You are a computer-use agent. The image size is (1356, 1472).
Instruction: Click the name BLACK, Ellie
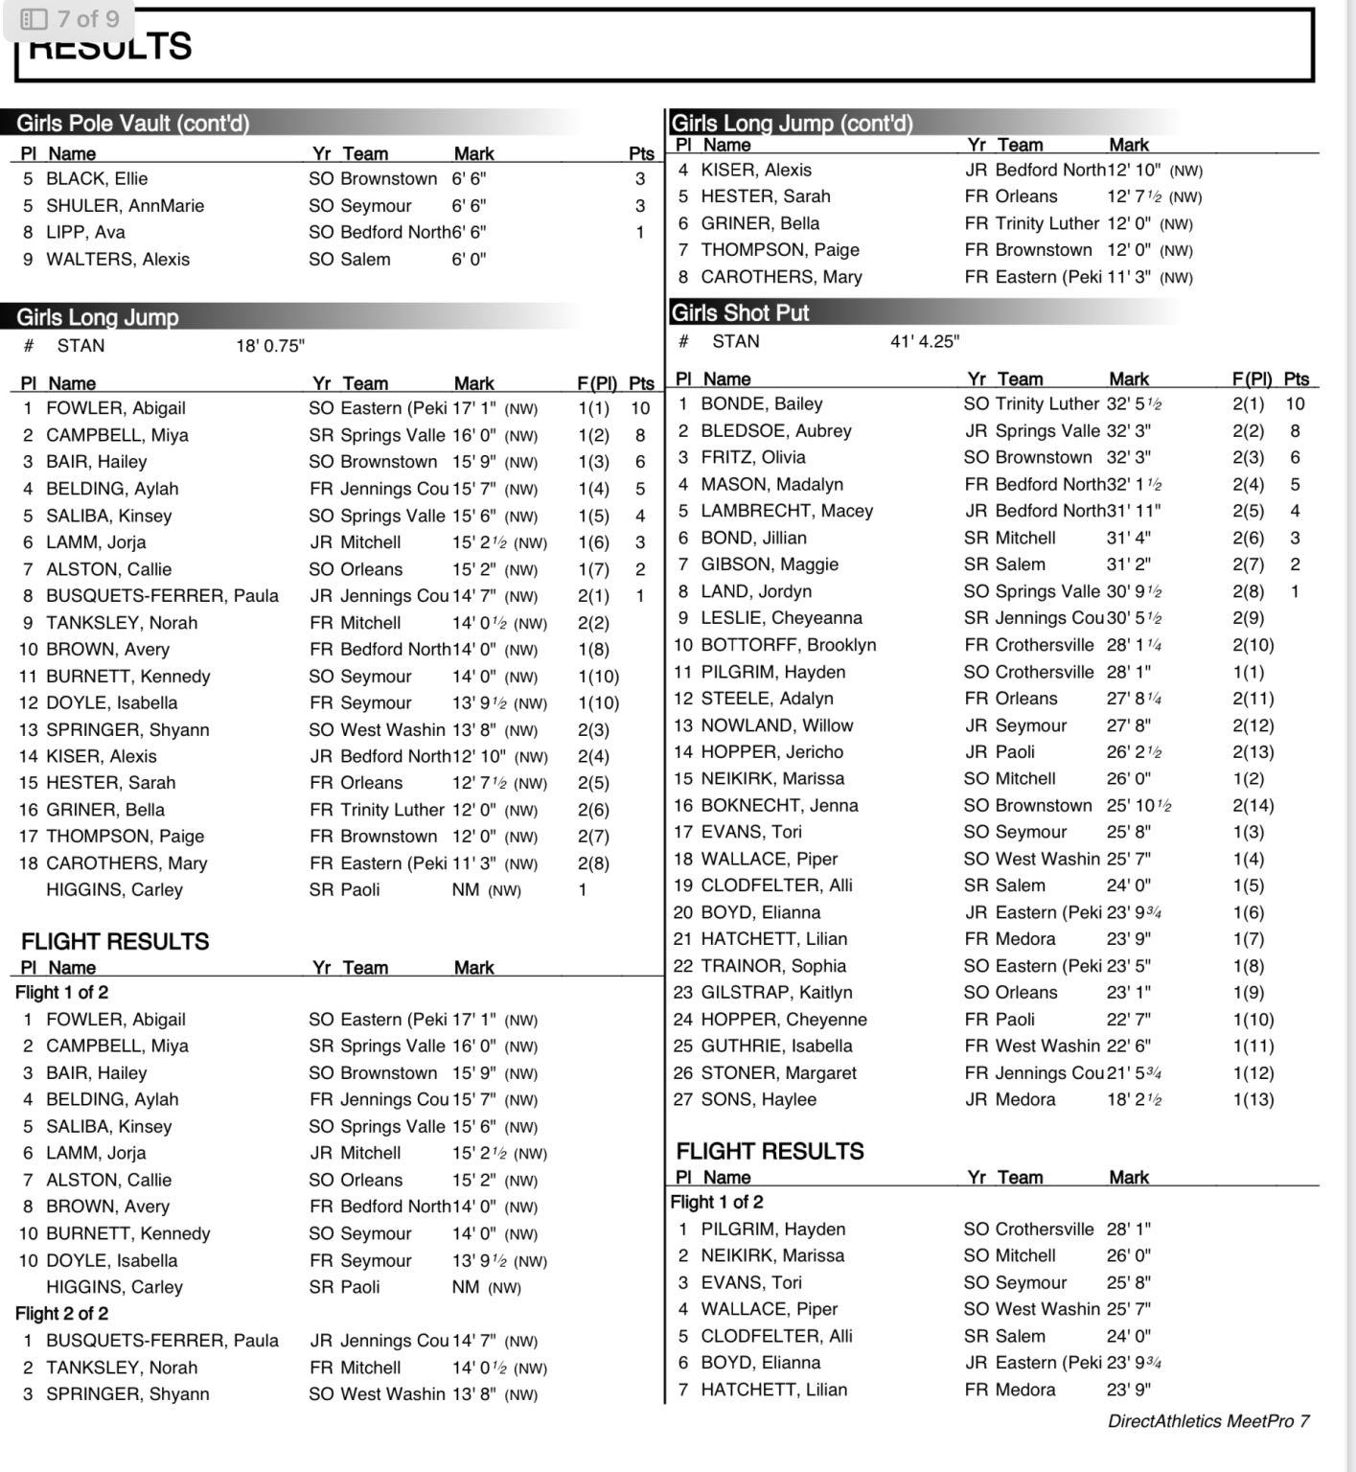tap(97, 179)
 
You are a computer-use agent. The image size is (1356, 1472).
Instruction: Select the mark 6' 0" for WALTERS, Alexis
tap(469, 260)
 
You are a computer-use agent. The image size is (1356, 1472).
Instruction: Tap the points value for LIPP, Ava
tap(640, 232)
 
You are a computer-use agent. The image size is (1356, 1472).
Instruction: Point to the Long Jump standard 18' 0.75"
tap(270, 346)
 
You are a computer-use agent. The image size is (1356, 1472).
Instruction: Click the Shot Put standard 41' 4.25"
tap(925, 341)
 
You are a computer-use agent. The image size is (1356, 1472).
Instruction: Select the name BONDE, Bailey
tap(762, 404)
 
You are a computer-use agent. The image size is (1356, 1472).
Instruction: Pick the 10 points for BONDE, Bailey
tap(1295, 404)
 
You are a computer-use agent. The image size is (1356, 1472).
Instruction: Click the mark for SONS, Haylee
tap(1134, 1100)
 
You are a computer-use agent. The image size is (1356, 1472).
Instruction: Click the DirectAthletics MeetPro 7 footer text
tap(1208, 1421)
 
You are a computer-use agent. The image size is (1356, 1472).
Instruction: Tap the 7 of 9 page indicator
tap(70, 19)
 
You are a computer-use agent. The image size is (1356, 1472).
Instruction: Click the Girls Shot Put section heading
tap(740, 313)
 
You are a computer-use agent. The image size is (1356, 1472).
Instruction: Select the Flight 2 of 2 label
tap(61, 1314)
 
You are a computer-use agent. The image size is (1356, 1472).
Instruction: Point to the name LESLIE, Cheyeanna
tap(781, 618)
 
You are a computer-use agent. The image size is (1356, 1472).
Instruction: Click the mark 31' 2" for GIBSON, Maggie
tap(1129, 564)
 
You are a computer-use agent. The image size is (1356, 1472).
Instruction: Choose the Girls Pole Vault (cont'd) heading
tap(132, 124)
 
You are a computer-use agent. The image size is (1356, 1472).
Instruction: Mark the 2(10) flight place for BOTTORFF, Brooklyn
tap(1253, 645)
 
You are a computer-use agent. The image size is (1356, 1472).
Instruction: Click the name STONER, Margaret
tap(778, 1073)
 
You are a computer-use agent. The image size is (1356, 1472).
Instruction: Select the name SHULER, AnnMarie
tap(125, 206)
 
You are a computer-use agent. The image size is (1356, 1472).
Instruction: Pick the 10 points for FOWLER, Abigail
tap(640, 408)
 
